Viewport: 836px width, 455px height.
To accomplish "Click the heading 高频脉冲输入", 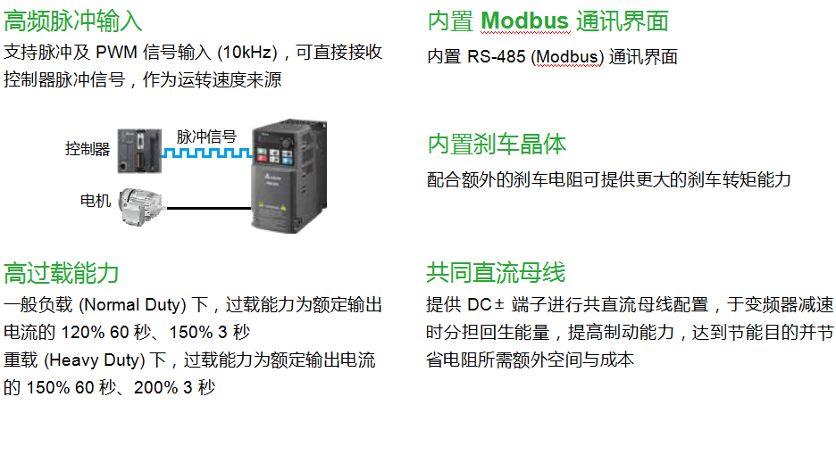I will (73, 21).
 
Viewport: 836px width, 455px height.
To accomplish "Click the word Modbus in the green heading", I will (524, 21).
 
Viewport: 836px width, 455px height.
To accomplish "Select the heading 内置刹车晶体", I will (497, 145).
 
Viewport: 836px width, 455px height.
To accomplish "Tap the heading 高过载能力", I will (62, 272).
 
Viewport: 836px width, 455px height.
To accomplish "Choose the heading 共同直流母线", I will (497, 272).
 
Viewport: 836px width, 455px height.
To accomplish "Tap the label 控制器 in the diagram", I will (87, 149).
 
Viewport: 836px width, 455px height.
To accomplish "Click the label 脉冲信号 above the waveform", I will (206, 136).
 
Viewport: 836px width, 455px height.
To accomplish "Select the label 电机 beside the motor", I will (96, 200).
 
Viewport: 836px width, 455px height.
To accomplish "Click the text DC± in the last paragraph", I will (486, 305).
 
